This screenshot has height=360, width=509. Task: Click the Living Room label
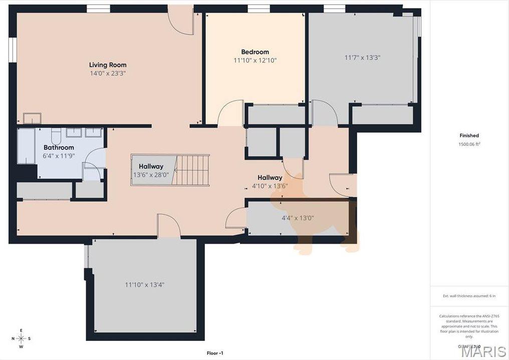(108, 65)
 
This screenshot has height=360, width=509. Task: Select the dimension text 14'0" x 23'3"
(108, 73)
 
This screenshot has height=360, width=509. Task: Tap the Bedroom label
(255, 52)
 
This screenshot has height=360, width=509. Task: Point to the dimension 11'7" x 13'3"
(362, 58)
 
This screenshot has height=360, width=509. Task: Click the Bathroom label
(59, 147)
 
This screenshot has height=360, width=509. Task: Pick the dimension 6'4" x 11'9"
(59, 156)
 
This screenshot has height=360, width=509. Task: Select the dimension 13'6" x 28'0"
(151, 175)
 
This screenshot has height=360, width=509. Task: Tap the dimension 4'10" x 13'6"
(270, 186)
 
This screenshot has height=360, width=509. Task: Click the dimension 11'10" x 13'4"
(145, 285)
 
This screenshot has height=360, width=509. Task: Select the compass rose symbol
(21, 338)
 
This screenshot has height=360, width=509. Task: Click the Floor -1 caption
(215, 353)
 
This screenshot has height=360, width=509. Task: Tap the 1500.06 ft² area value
(469, 144)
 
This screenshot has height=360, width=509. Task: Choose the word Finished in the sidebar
(469, 135)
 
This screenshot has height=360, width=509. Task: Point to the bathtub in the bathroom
(26, 146)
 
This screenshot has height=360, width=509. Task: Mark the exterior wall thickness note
(469, 296)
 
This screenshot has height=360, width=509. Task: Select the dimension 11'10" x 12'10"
(255, 60)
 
